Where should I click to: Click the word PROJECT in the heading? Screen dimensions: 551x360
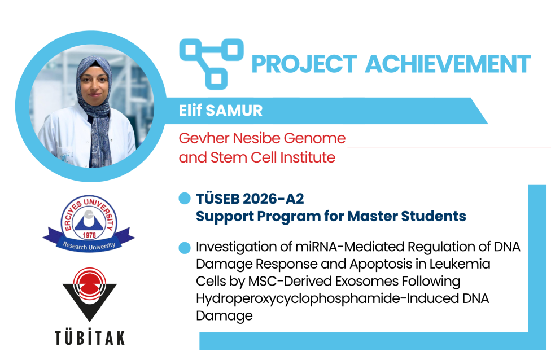(304, 64)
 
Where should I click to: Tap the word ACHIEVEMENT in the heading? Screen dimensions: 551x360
(448, 64)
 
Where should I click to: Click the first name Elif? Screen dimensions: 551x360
(190, 110)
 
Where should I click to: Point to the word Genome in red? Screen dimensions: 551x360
(314, 138)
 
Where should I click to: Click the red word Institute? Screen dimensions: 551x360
(308, 157)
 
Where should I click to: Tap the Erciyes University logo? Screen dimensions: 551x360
(89, 223)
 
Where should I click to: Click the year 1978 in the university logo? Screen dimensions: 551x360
(89, 235)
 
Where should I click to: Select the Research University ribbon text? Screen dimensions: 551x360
(89, 245)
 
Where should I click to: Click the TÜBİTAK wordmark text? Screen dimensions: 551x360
(90, 337)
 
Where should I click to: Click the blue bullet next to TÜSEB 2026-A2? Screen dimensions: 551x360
(185, 199)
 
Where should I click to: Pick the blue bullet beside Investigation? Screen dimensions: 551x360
(185, 248)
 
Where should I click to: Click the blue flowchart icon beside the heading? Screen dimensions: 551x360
(211, 64)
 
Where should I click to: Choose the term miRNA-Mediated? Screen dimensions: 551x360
(349, 247)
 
